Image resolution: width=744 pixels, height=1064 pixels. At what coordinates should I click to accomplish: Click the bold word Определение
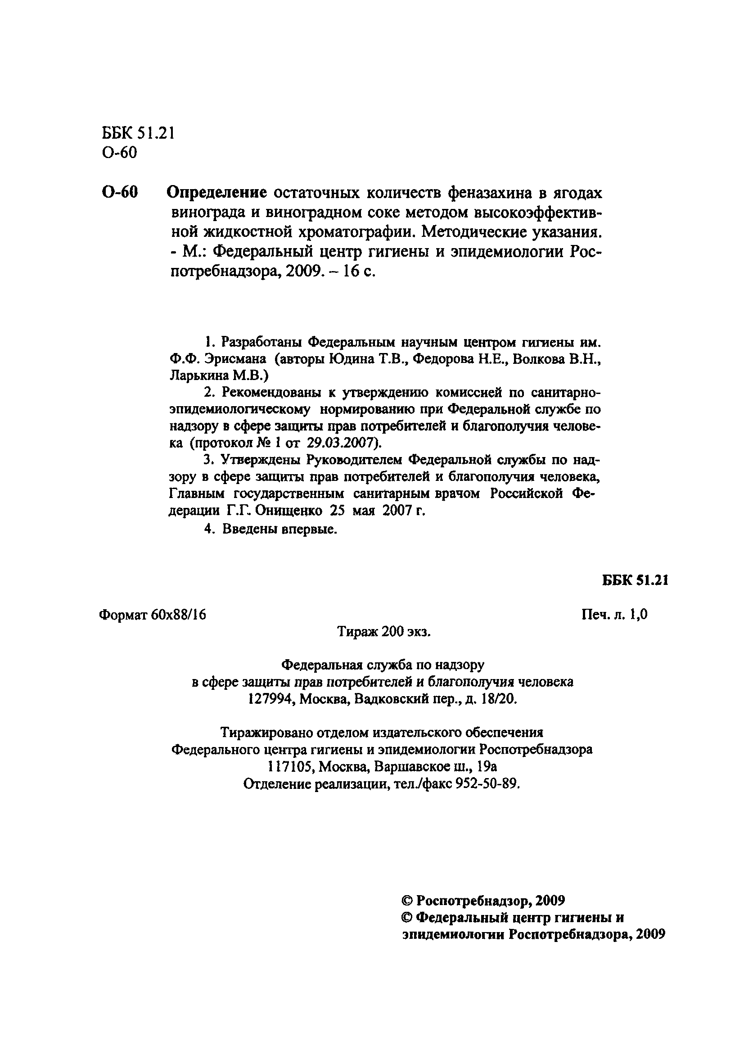tap(216, 192)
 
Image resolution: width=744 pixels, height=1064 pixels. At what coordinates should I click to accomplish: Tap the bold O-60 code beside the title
tap(119, 192)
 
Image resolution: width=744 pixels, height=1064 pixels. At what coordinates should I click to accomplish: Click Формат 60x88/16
tap(153, 615)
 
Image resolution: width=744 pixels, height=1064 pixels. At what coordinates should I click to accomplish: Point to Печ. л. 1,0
tap(614, 615)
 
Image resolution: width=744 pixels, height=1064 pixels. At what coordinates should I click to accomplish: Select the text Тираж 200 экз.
tap(384, 632)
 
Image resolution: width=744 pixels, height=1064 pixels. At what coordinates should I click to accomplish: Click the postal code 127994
tap(270, 699)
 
